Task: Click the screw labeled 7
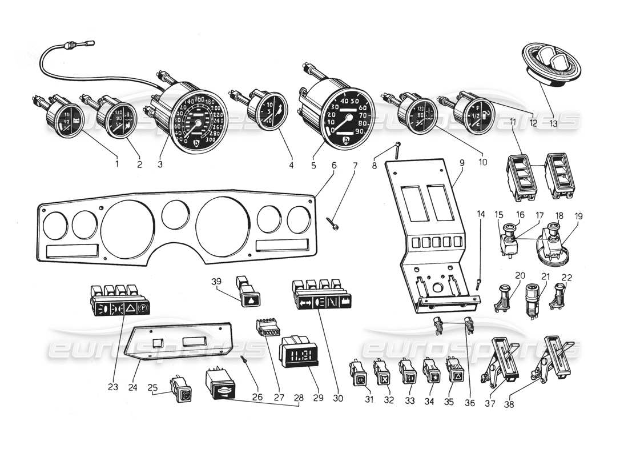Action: click(334, 225)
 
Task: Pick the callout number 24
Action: click(132, 387)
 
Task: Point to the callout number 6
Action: click(334, 166)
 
